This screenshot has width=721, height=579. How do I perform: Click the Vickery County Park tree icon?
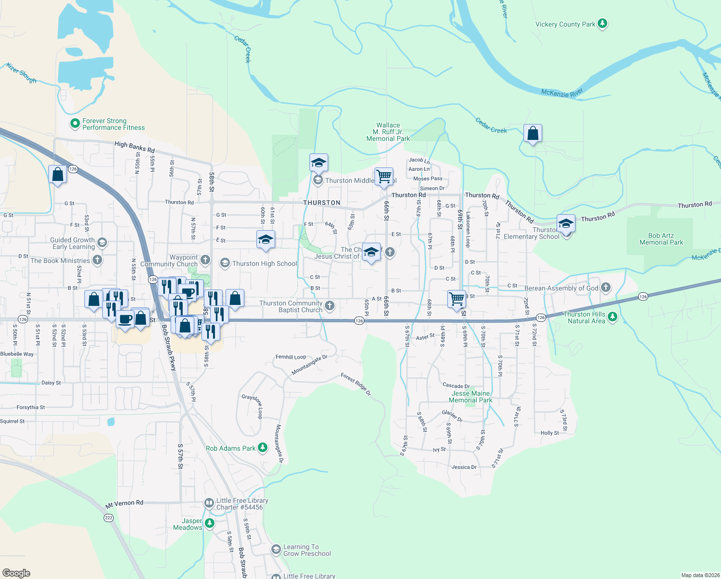602,24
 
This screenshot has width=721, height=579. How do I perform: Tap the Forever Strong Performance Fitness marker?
75,124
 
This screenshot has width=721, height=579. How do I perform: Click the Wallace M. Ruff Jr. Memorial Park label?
388,132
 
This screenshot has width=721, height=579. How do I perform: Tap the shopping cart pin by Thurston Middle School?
384,177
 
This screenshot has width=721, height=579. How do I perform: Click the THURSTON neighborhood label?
322,203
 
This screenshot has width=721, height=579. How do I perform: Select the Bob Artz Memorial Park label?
661,239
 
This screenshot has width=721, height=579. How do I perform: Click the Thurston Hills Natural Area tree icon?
612,317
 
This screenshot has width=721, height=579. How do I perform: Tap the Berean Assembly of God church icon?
606,288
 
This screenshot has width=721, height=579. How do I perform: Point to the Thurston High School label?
265,263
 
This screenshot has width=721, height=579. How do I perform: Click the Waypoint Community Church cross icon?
205,261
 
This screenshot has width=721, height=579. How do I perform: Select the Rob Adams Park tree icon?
263,448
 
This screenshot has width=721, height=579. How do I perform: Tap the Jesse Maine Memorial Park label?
470,397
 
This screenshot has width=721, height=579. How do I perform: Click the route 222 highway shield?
108,518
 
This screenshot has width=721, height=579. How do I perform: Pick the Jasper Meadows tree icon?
209,524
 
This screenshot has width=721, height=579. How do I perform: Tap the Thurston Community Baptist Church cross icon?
330,305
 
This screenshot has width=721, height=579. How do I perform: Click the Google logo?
16,573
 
